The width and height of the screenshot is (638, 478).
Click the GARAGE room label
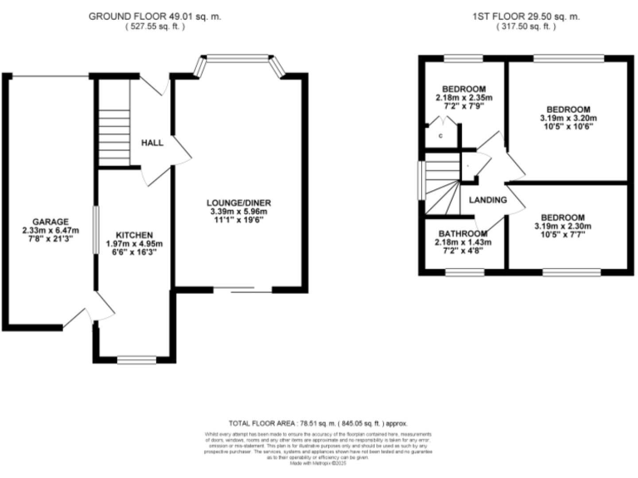[x=47, y=222]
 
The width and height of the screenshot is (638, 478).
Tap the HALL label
[x=152, y=144]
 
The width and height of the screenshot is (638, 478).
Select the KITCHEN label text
[x=133, y=235]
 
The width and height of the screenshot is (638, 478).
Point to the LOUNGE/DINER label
[x=240, y=202]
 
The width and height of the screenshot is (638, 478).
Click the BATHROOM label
[x=463, y=233]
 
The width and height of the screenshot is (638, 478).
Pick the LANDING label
[x=488, y=200]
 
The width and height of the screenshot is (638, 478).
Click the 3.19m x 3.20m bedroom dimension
[x=568, y=119]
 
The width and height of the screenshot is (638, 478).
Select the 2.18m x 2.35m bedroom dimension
[x=464, y=98]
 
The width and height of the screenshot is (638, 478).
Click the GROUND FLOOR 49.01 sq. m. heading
[x=156, y=16]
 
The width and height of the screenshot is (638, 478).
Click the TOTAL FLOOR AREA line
[x=319, y=422]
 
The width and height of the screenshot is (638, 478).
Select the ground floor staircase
[x=115, y=124]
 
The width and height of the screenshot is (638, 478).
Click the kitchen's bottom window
[x=132, y=360]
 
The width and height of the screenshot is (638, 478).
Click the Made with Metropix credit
[x=319, y=463]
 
